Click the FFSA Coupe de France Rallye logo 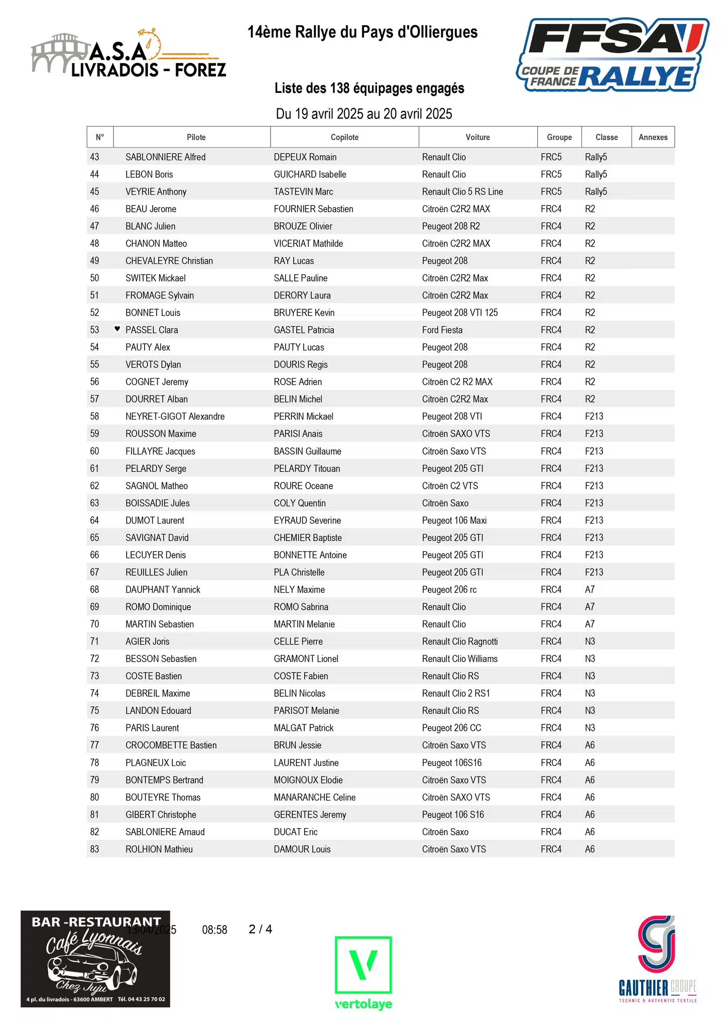613,55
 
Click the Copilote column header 344,137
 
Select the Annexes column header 653,137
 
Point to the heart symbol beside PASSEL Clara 117,329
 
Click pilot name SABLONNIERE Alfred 165,157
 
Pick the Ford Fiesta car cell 442,330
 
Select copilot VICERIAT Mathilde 308,243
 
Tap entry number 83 94,849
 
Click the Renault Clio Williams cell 459,659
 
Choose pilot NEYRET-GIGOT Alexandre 175,416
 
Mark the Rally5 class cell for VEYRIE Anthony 596,192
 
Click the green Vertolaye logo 363,972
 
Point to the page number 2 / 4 261,929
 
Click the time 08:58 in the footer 214,930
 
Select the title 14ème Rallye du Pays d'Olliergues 362,32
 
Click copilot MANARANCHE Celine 314,797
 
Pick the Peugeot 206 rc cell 449,589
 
